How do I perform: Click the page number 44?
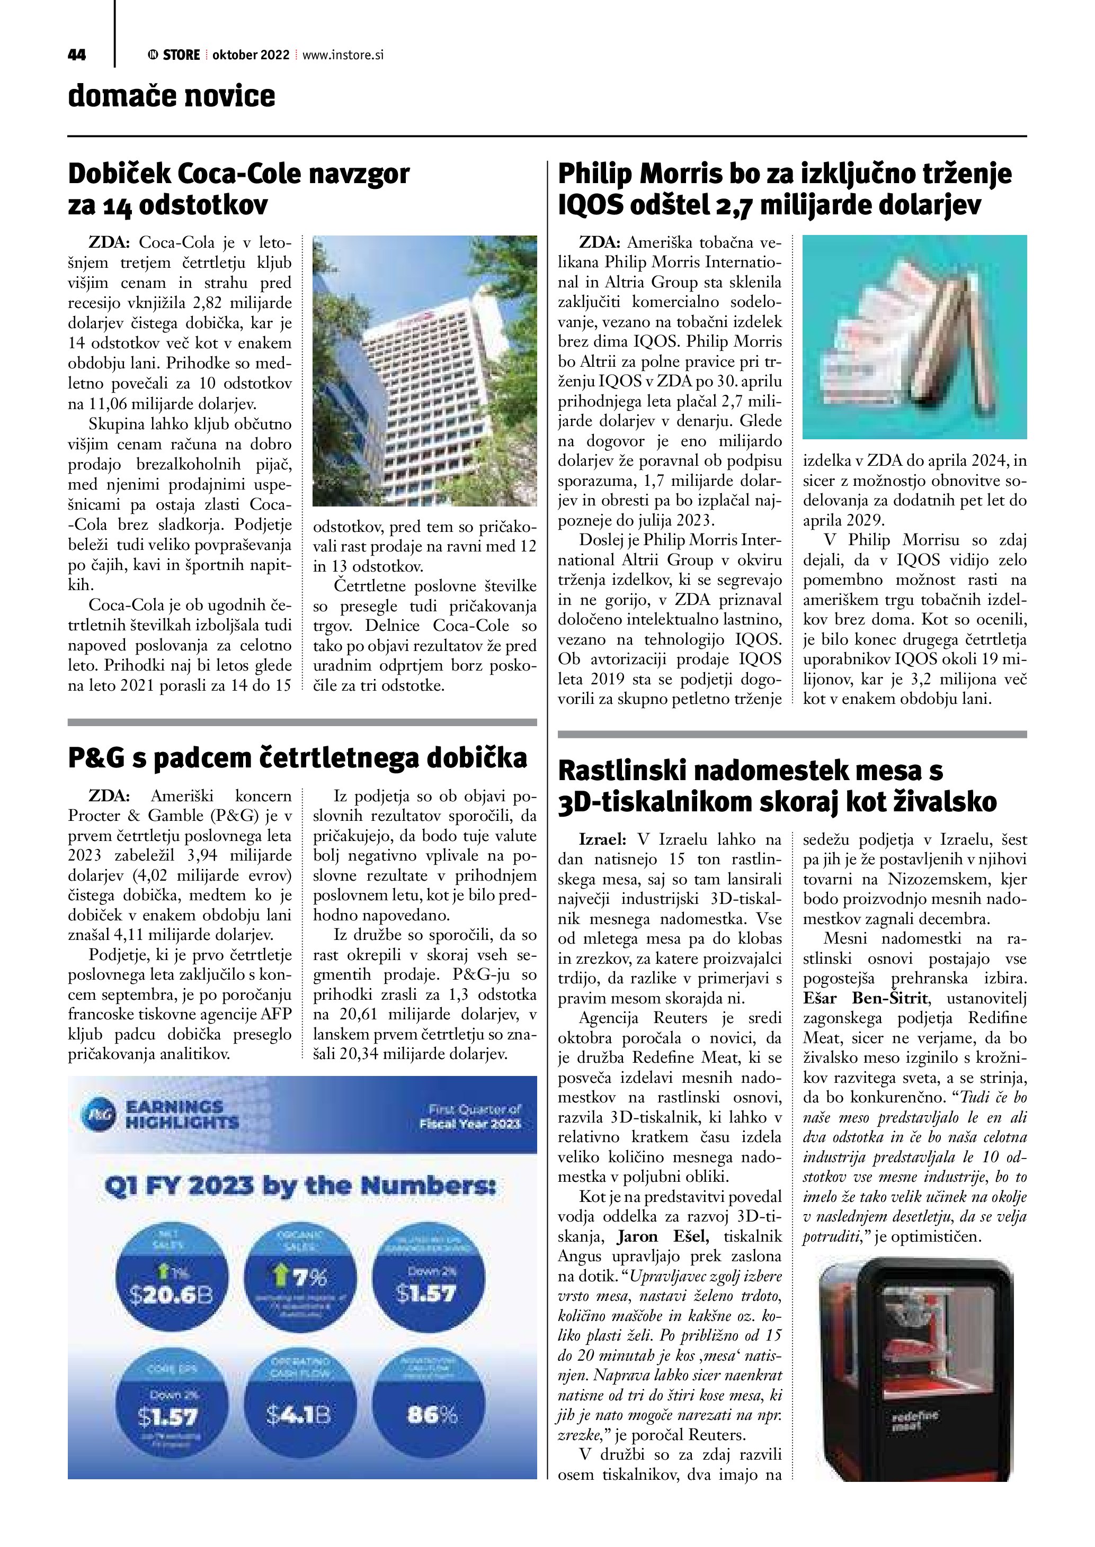(x=77, y=55)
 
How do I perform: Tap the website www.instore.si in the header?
(x=343, y=55)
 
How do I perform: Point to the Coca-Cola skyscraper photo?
(x=425, y=370)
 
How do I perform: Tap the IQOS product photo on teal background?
(x=914, y=337)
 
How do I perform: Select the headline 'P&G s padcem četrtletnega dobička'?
(x=297, y=758)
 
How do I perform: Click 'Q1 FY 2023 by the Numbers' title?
(x=300, y=1186)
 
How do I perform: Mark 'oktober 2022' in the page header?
(x=251, y=55)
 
